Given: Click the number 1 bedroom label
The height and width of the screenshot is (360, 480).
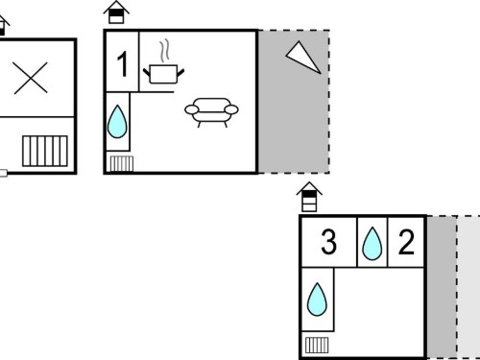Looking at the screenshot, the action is point(123,64).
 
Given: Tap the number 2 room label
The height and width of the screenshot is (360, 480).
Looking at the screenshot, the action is point(406,242).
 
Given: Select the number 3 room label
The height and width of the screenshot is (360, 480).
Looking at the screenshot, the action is point(328,242).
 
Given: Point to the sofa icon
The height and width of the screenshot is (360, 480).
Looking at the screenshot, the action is point(211,112).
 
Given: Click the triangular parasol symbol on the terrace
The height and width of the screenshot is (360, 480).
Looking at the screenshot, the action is point(303,58).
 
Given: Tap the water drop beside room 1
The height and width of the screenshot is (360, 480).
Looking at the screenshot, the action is point(117,122).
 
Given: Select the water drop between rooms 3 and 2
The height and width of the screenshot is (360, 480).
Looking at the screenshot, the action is point(372,244).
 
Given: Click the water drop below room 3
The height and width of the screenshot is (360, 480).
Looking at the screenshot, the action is point(317,300).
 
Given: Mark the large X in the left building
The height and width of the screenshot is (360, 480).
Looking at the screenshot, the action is point(31,78).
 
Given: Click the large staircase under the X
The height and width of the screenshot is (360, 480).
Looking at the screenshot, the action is point(45,151).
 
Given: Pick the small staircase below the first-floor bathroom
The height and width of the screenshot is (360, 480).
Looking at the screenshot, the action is point(122,163).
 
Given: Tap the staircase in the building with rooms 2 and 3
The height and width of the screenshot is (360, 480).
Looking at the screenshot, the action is point(317,346).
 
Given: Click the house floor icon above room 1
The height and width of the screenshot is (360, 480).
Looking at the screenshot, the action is point(116,12).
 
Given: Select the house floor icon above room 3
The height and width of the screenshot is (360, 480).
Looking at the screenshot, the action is point(309,197).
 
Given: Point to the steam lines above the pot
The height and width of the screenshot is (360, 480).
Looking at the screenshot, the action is point(164,51).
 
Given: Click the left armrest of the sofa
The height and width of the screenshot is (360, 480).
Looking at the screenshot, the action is point(192,109).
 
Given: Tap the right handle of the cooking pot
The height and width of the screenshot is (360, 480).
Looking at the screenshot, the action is point(180,73).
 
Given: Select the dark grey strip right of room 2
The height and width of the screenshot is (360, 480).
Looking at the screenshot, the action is point(442,287).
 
